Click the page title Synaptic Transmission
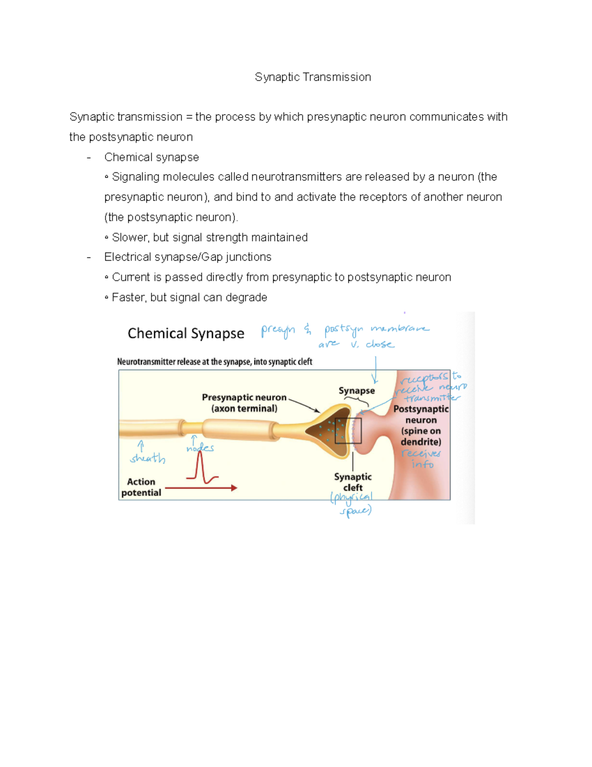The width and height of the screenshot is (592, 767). point(313,77)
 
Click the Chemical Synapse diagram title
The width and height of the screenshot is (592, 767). point(185,333)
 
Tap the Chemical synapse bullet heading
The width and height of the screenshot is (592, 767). point(151,157)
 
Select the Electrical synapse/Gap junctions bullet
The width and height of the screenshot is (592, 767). point(187,257)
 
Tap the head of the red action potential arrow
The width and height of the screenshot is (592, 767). point(234,488)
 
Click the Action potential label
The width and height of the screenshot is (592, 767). point(141,487)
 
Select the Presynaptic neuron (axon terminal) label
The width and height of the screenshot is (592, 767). point(244,403)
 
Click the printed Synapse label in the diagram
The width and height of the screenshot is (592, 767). point(356,391)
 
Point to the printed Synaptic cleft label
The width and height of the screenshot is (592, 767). point(353,482)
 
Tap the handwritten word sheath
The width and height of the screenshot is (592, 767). point(148,458)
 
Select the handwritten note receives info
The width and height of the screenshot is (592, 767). point(421,459)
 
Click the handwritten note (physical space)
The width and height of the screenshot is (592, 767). point(352,504)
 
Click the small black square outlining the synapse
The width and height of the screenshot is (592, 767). point(348,431)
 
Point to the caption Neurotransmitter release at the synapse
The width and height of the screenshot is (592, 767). point(215,362)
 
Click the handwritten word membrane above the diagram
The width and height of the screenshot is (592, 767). point(400,329)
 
